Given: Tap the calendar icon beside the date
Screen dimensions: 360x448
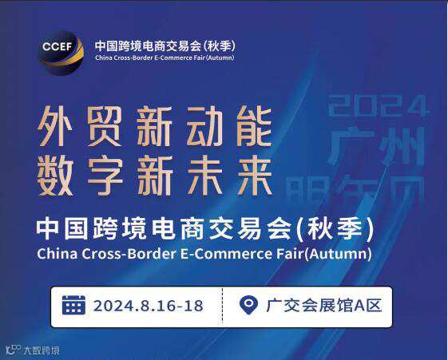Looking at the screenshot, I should (73, 306).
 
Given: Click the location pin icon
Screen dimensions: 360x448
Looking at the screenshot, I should (250, 306).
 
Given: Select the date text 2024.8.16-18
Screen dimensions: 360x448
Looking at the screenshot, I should (149, 306).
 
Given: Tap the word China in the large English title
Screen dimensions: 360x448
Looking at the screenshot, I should (58, 255).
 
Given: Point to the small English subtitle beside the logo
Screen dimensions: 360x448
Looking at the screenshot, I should (164, 58).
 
